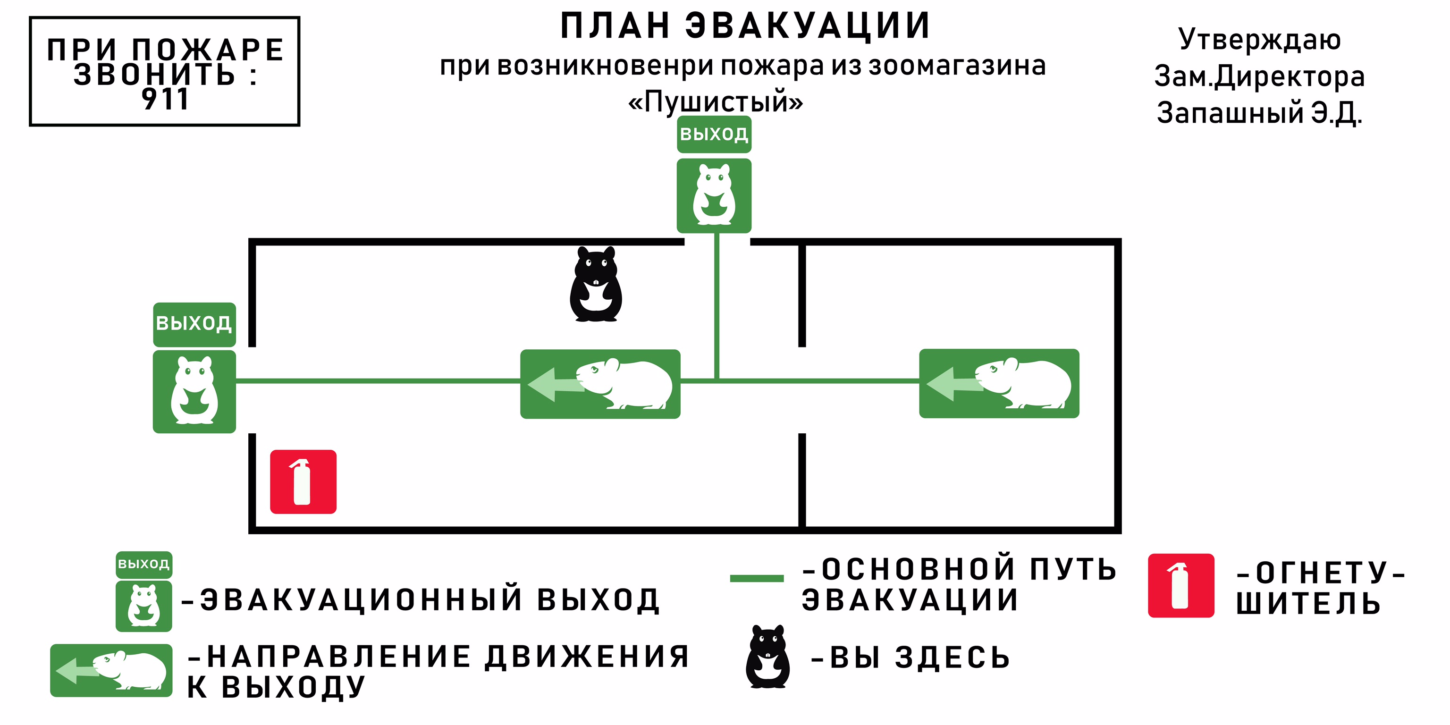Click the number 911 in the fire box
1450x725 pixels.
click(164, 100)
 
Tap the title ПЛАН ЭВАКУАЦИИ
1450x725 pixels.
click(745, 26)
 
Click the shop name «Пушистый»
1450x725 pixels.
click(716, 102)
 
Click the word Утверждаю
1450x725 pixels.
click(1259, 39)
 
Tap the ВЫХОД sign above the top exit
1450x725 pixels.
click(714, 135)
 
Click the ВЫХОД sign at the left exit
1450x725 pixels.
click(194, 324)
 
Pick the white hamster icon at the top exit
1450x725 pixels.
click(714, 195)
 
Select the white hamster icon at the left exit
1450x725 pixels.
click(194, 391)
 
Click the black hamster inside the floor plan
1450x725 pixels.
click(596, 284)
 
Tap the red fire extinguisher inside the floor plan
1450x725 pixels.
click(303, 481)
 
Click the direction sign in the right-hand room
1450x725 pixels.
click(999, 383)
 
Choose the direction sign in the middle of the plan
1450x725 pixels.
click(600, 384)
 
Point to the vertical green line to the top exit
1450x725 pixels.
click(717, 307)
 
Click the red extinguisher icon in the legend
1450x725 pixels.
click(1180, 585)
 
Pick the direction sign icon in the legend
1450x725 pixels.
click(111, 670)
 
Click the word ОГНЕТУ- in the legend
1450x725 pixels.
click(1321, 573)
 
